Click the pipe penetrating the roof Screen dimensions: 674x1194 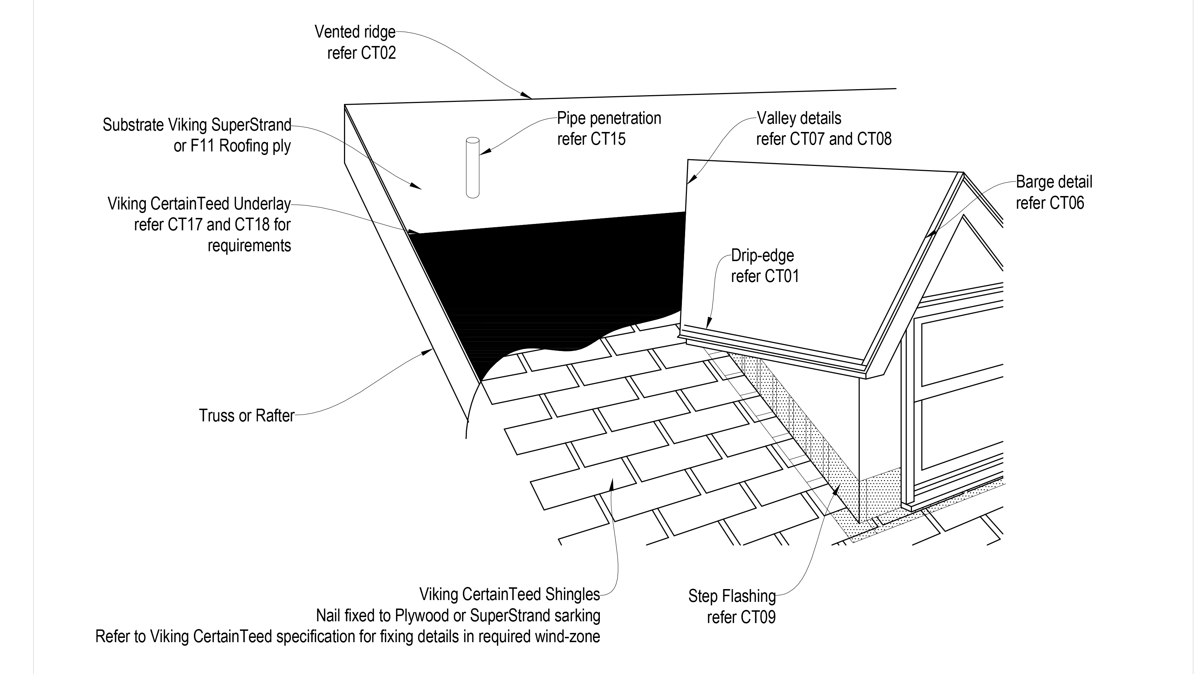(x=472, y=168)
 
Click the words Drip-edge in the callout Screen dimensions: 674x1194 (x=763, y=255)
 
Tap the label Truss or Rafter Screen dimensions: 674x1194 (x=247, y=416)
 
